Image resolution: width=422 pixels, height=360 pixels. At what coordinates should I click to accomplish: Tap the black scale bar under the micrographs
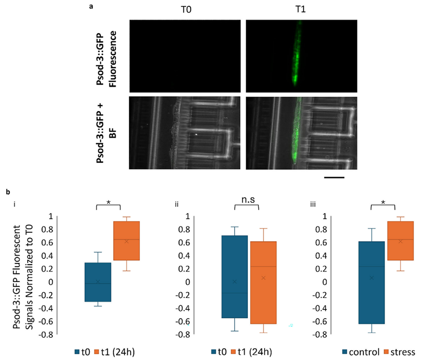tap(334, 178)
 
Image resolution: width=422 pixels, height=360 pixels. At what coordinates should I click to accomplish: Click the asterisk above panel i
tap(108, 202)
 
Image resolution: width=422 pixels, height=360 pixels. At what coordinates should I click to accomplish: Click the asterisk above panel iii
tap(382, 202)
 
